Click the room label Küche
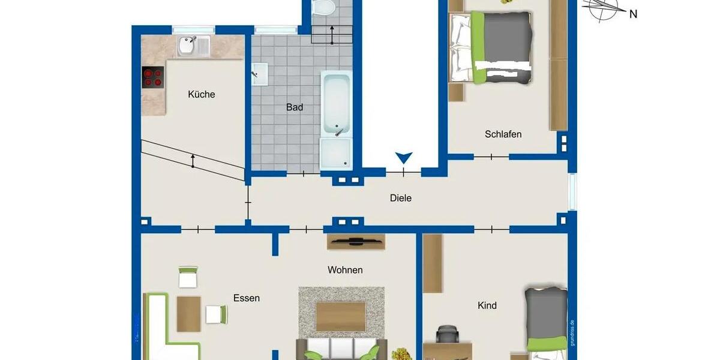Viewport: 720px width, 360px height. click(x=201, y=94)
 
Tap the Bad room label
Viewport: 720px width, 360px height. click(x=295, y=107)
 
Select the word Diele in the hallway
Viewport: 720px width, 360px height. click(x=401, y=197)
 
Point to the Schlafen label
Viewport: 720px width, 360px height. click(x=503, y=134)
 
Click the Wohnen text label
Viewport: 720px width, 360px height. click(x=345, y=270)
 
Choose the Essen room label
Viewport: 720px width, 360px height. click(x=247, y=298)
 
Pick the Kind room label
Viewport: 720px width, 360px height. click(x=487, y=305)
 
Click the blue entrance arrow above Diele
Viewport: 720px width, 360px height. click(x=404, y=158)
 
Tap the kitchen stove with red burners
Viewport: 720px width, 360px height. click(x=152, y=77)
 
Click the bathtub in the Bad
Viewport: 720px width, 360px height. click(x=336, y=103)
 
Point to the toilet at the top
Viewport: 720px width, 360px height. click(x=323, y=8)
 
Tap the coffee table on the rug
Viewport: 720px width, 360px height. click(x=340, y=316)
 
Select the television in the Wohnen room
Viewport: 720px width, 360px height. click(x=356, y=242)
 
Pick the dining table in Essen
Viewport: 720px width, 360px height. click(x=188, y=314)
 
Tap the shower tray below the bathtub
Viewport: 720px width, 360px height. click(x=336, y=153)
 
